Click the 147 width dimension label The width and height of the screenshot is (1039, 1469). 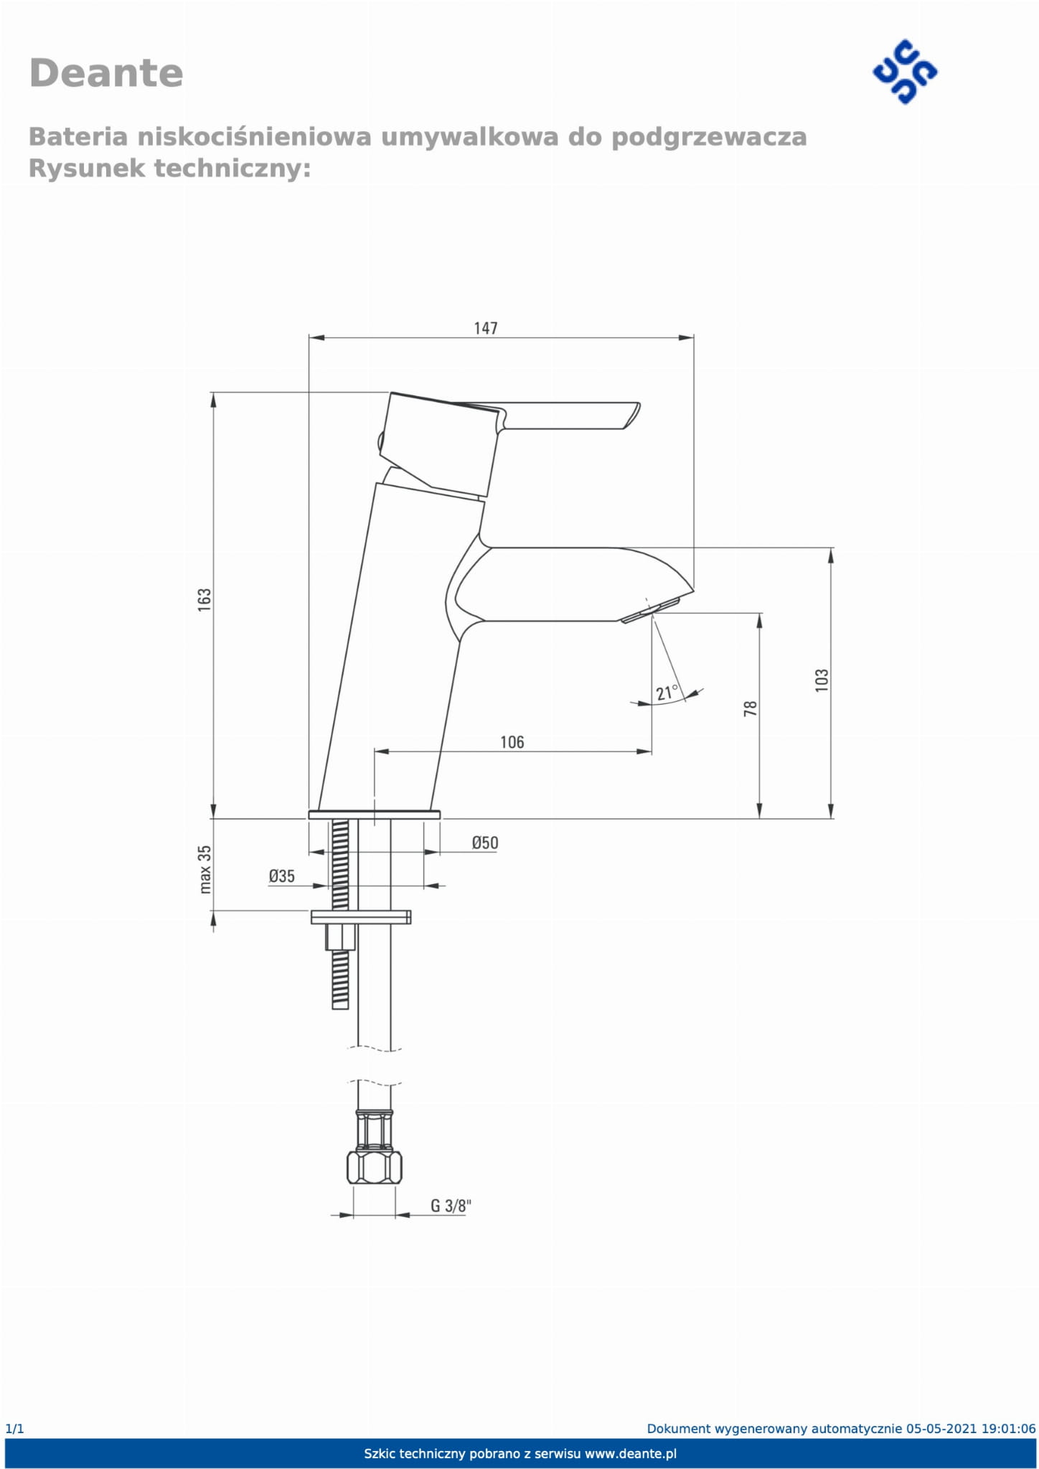(x=485, y=328)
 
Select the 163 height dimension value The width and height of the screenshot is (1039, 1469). (x=204, y=600)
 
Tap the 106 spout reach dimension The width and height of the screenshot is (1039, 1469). (x=512, y=742)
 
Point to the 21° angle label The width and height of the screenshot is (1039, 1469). (x=667, y=693)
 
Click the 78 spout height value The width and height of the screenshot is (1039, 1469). (x=751, y=708)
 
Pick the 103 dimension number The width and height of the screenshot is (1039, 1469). (x=822, y=680)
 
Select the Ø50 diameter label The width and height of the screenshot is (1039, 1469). (x=485, y=843)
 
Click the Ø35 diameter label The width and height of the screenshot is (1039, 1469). (x=282, y=876)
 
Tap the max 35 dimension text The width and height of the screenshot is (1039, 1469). (x=205, y=869)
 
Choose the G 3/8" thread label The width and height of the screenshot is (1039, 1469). (x=451, y=1206)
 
